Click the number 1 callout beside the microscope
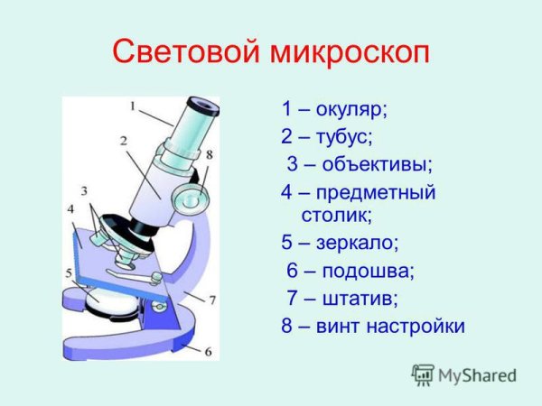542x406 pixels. [x=132, y=106]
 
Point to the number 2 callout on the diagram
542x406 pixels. [x=122, y=141]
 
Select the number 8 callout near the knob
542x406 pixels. [x=209, y=155]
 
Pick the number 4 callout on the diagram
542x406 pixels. [x=70, y=209]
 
